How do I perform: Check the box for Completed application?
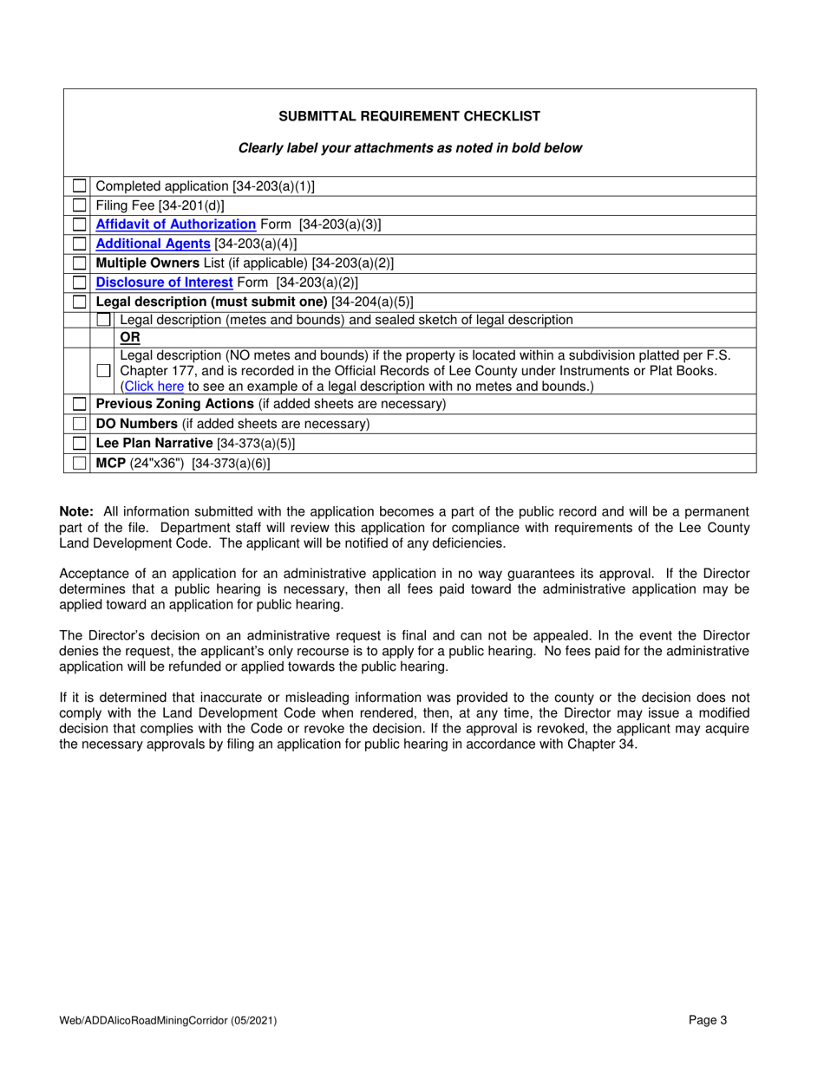tap(80, 186)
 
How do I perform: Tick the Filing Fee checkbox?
tap(80, 205)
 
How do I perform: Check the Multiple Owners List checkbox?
tap(80, 263)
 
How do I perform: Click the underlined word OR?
tap(129, 337)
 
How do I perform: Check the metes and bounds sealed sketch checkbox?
tap(104, 320)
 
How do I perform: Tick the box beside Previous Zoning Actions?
tap(80, 405)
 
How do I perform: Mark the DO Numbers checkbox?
tap(80, 425)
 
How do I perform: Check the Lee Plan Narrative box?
tap(80, 444)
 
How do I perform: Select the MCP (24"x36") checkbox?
tap(80, 464)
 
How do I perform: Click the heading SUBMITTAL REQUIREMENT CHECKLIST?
tap(409, 116)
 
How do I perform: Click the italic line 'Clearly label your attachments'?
tap(409, 148)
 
